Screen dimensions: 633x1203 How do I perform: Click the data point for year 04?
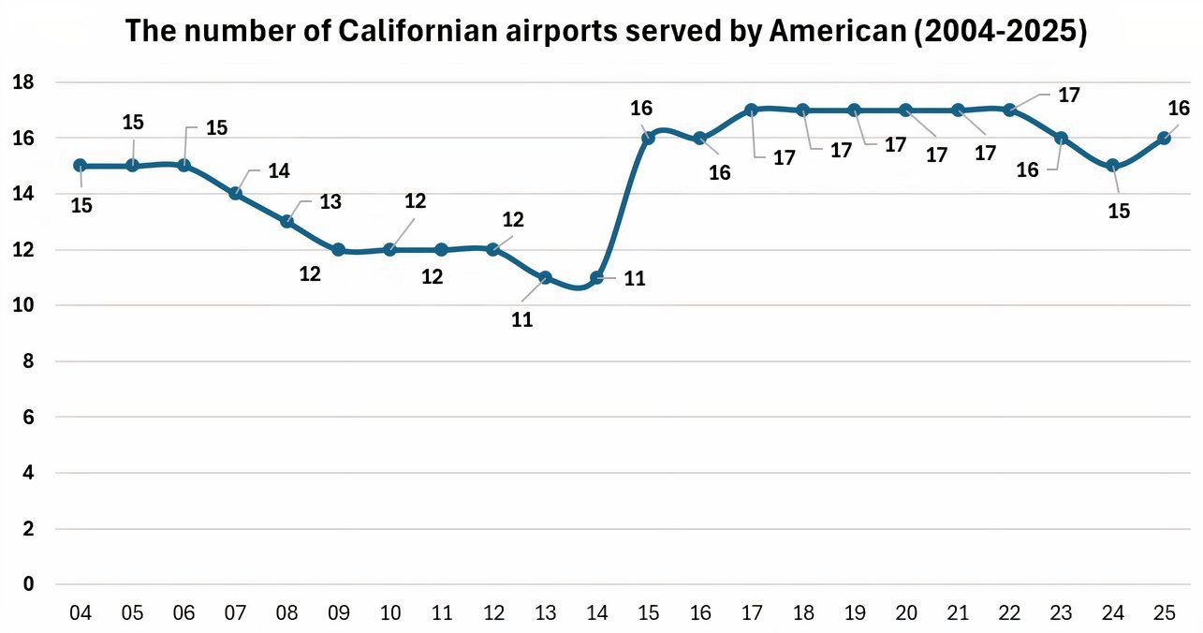[81, 166]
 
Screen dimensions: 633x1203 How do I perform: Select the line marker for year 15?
[648, 138]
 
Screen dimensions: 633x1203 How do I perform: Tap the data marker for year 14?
[597, 277]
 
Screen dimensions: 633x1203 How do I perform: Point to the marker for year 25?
[1165, 138]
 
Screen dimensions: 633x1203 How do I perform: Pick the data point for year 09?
[339, 250]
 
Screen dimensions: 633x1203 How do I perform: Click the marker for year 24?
[1112, 166]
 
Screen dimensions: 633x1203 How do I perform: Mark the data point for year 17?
[752, 110]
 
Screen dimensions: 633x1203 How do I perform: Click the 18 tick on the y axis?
[22, 82]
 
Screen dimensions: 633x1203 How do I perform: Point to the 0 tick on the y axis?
[28, 584]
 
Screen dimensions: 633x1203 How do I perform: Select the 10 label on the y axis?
[22, 305]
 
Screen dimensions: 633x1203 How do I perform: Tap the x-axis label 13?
[545, 614]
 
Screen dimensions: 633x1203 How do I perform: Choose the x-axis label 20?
[906, 614]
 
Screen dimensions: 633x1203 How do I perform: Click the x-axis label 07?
[236, 614]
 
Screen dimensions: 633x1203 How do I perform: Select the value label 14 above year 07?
[279, 171]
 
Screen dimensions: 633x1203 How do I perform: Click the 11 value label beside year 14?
[635, 278]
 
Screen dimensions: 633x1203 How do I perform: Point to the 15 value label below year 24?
[1119, 212]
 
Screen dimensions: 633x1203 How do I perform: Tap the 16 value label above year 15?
[641, 109]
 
